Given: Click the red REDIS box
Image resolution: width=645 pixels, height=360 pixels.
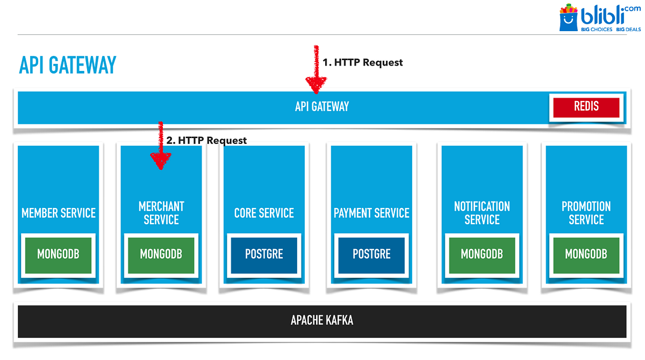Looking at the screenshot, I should [586, 106].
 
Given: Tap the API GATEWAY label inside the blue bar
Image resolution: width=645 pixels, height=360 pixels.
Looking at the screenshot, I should [322, 106].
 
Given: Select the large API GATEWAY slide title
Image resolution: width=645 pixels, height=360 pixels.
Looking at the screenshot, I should [68, 65].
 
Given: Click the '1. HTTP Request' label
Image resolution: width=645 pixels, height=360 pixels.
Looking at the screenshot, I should [362, 62].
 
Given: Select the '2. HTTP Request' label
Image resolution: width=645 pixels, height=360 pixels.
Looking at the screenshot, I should [206, 140].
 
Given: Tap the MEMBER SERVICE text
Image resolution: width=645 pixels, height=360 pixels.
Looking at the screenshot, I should [59, 213].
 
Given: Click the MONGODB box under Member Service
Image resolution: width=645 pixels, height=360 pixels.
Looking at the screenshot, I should [58, 254].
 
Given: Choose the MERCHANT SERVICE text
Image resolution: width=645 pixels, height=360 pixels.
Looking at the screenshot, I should [161, 213].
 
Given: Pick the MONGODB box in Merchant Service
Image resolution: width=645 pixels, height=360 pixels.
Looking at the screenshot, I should [161, 254].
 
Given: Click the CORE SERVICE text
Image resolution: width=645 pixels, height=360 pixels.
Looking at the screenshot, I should [264, 213].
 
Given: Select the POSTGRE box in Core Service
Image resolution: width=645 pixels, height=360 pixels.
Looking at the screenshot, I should [264, 254].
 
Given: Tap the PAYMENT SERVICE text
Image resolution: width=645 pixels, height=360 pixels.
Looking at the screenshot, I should [371, 213].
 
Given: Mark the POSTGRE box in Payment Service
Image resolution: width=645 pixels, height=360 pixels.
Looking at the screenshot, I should [371, 254].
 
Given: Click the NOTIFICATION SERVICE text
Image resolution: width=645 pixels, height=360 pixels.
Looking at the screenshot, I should [482, 213].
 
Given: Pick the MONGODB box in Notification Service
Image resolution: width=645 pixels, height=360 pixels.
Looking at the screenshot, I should [482, 254].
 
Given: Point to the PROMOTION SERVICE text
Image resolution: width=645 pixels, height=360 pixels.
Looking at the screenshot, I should [586, 213].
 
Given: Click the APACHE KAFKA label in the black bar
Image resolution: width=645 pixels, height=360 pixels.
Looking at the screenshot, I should [322, 321].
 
